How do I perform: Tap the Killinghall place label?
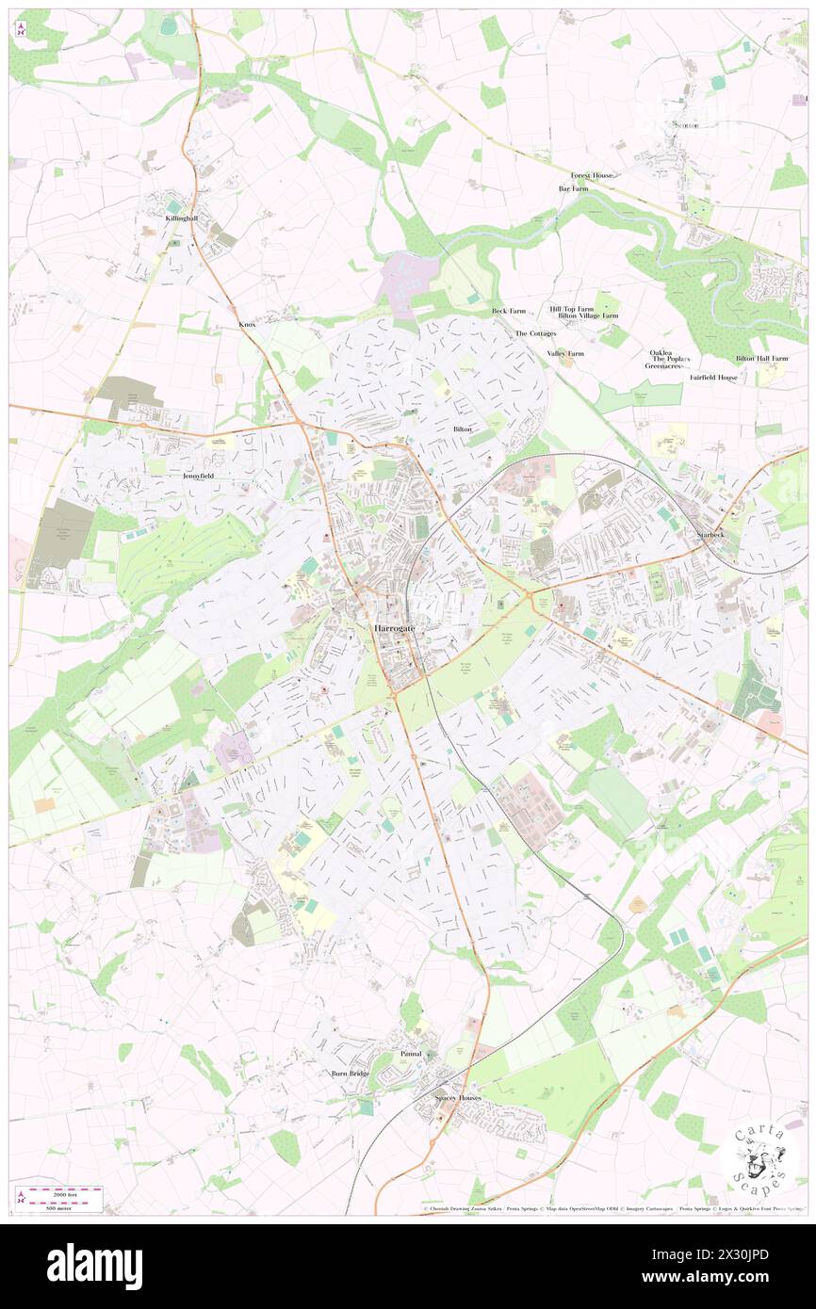click(x=182, y=218)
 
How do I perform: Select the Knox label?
click(x=247, y=324)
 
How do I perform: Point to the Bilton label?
click(x=463, y=428)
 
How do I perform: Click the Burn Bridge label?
click(x=350, y=1074)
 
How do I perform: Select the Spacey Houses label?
click(x=458, y=1098)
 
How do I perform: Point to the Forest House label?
click(x=592, y=175)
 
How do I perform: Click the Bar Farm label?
click(x=573, y=188)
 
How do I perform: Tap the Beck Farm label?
click(x=509, y=311)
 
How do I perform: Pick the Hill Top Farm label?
click(x=572, y=309)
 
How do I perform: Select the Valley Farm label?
click(x=565, y=354)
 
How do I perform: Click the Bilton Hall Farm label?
click(x=760, y=359)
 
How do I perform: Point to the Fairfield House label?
click(x=713, y=377)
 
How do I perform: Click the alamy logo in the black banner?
click(x=94, y=1266)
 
